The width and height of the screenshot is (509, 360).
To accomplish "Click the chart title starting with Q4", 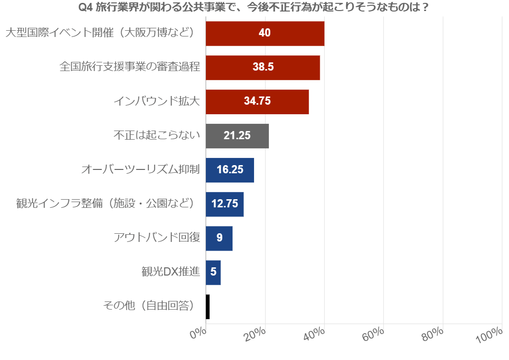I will point(254,8).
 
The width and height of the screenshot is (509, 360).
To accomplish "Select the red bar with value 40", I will point(265,33).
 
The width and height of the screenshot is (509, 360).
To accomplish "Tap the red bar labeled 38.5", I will point(263,67).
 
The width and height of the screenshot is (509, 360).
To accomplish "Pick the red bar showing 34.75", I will point(257,101).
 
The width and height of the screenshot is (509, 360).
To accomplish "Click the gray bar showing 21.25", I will point(237,136).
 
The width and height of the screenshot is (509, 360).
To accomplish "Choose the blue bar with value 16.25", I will point(230,170).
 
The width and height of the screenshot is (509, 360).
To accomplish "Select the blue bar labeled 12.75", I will point(225,204).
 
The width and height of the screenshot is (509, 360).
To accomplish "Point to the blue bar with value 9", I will point(219,238).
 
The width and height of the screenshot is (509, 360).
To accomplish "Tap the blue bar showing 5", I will point(213,272).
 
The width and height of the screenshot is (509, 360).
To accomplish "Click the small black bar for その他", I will point(207,307).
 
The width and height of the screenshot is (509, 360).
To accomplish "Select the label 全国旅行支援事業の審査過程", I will point(130,67).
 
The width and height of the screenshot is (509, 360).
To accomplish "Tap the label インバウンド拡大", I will point(157,101).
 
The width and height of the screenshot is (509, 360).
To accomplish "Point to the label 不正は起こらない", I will point(157,136).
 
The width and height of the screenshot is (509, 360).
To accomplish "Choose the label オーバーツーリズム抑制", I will point(140,170).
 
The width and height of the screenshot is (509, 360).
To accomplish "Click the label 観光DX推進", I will point(170,272).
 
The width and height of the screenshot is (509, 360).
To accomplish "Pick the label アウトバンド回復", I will point(157,238).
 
